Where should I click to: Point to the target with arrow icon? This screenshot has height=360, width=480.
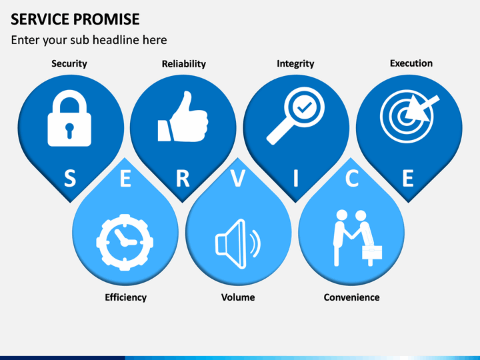[x=408, y=114]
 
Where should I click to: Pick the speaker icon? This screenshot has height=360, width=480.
[x=237, y=241]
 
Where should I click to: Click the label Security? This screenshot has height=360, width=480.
[x=69, y=64]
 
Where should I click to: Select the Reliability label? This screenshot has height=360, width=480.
[x=183, y=64]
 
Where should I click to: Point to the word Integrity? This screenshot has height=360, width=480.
[x=295, y=64]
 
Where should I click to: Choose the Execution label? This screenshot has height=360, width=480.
[x=411, y=63]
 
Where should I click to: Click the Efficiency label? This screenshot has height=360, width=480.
[x=125, y=297]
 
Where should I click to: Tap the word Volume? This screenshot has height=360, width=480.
[x=238, y=297]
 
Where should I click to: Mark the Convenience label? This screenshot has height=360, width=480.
[x=351, y=297]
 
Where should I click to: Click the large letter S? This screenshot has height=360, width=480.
[x=69, y=179]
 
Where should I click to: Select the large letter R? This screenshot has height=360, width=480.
[x=183, y=179]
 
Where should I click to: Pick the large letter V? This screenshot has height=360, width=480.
[x=238, y=179]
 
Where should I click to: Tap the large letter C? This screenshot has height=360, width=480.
[x=352, y=179]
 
